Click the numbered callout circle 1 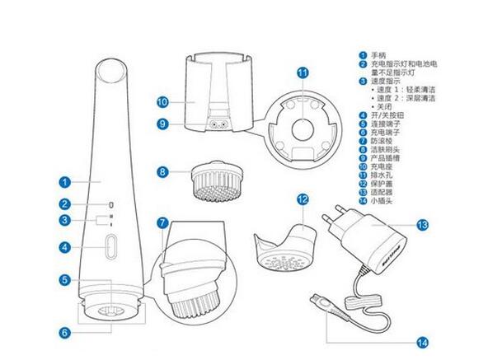click(65, 182)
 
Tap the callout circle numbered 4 click(65, 247)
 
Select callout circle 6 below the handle click(65, 333)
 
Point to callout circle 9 click(162, 124)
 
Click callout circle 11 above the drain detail click(303, 72)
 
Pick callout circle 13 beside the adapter click(422, 225)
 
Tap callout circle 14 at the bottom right click(422, 343)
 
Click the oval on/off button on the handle click(110, 246)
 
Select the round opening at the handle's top click(111, 71)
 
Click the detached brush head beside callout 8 click(218, 181)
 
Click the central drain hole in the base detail click(303, 129)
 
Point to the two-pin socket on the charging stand click(218, 124)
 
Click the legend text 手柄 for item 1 click(378, 55)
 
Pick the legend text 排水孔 click(382, 175)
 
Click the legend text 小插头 click(382, 201)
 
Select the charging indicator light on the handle click(111, 205)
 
